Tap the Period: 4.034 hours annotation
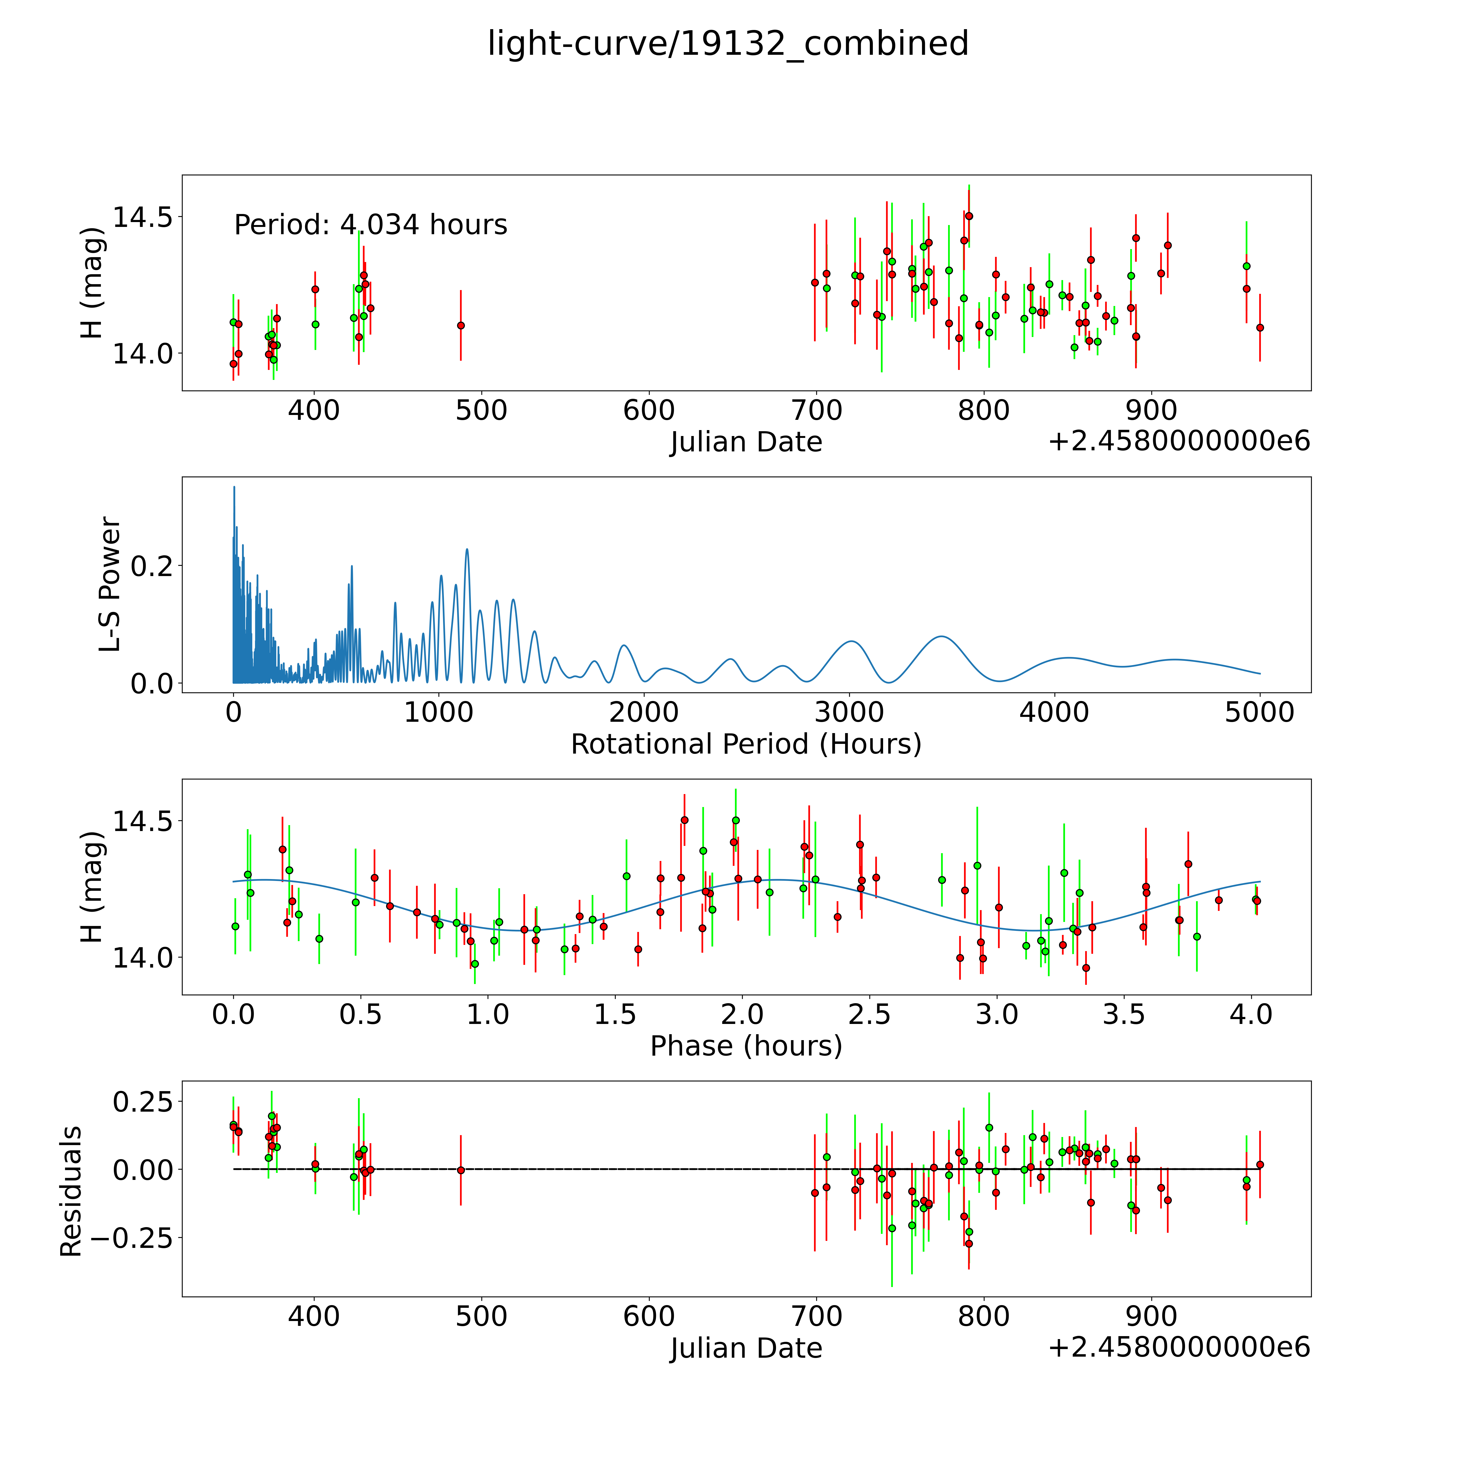[x=370, y=225]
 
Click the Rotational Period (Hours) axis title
[x=746, y=744]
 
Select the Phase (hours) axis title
[x=746, y=1046]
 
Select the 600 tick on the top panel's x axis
[x=649, y=411]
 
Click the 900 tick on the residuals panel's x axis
[x=1151, y=1316]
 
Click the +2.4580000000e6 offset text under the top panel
[x=1179, y=441]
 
